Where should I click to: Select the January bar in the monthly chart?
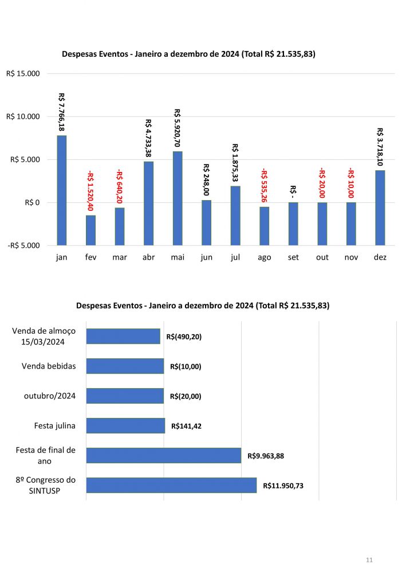click(x=62, y=190)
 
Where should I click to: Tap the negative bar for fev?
click(x=90, y=230)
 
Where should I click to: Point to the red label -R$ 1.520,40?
click(x=90, y=191)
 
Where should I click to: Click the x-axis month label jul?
click(x=235, y=257)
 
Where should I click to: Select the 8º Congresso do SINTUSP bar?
click(x=171, y=485)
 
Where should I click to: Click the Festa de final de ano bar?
click(x=163, y=455)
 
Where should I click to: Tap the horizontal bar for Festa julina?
click(x=125, y=425)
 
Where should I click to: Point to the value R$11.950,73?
click(x=283, y=486)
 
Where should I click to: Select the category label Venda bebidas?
click(x=49, y=366)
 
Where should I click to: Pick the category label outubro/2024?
click(x=50, y=396)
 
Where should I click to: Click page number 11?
click(x=369, y=559)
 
